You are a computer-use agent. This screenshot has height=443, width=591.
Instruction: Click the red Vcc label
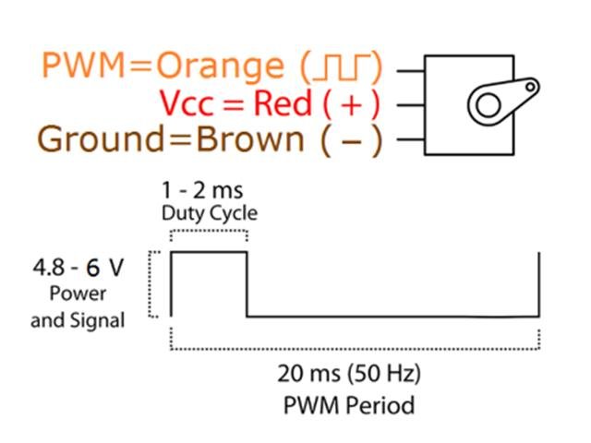[187, 103]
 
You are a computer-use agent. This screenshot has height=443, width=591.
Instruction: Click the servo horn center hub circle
[487, 104]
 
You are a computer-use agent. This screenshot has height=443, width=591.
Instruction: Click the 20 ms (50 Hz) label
[349, 376]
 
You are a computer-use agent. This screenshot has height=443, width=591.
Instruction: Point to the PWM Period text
[349, 404]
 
